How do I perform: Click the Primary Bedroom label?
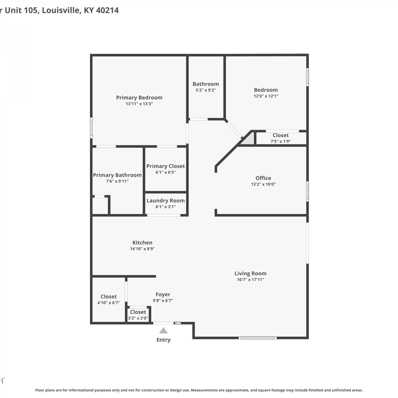pyautogui.click(x=139, y=98)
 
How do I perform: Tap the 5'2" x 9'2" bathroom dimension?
pyautogui.click(x=206, y=90)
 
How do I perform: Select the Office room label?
pyautogui.click(x=263, y=178)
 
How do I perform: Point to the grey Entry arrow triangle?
pyautogui.click(x=163, y=330)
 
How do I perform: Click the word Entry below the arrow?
pyautogui.click(x=163, y=340)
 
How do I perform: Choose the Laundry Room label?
pyautogui.click(x=166, y=201)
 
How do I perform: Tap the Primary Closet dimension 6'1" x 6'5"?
pyautogui.click(x=166, y=172)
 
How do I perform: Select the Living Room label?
pyautogui.click(x=250, y=273)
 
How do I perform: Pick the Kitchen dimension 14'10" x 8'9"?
pyautogui.click(x=142, y=249)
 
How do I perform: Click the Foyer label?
pyautogui.click(x=163, y=295)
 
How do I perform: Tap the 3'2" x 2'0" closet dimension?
pyautogui.click(x=138, y=318)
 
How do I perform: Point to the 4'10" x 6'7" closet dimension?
pyautogui.click(x=109, y=303)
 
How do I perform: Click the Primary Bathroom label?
pyautogui.click(x=117, y=175)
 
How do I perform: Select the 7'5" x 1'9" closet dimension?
pyautogui.click(x=280, y=141)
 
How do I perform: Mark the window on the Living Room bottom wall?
pyautogui.click(x=258, y=338)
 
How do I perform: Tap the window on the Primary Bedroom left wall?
pyautogui.click(x=91, y=128)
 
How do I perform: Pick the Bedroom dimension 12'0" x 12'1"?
pyautogui.click(x=266, y=96)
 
